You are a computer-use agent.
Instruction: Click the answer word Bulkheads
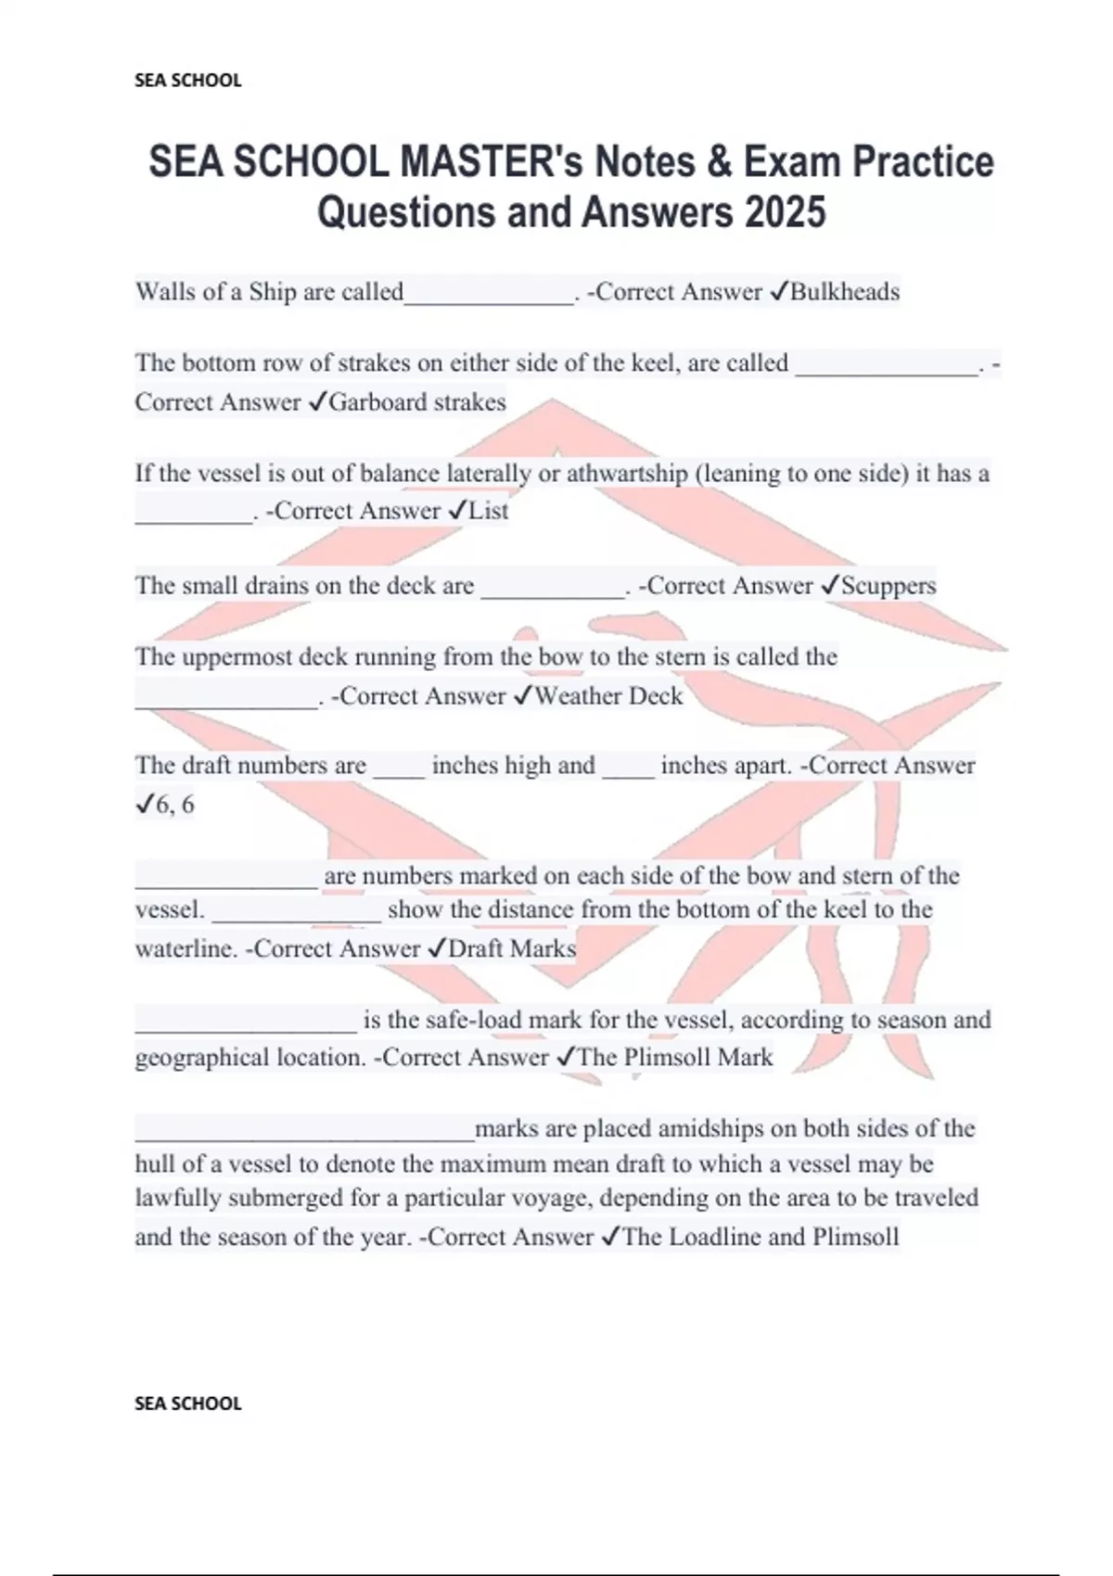coord(844,292)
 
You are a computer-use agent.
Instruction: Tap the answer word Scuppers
coord(888,586)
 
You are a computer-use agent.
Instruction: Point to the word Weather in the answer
coord(578,696)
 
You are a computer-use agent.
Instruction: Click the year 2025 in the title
coord(784,212)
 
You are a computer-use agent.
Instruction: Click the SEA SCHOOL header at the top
coord(187,81)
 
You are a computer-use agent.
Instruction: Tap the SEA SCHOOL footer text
coord(187,1404)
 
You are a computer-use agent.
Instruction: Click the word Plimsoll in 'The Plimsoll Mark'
coord(666,1058)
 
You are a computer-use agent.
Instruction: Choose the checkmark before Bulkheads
coord(779,292)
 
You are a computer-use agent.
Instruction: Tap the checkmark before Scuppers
coord(830,586)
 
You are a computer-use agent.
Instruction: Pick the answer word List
coord(489,511)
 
